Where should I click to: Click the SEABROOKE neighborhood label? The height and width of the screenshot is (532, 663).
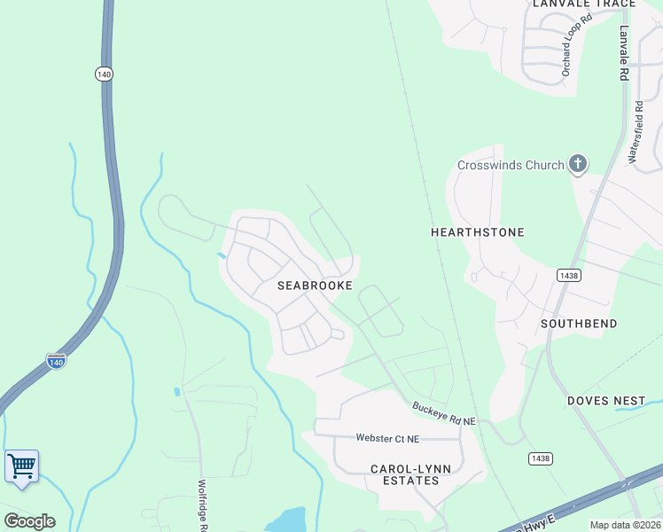[315, 286]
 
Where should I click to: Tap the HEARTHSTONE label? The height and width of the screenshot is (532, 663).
[478, 232]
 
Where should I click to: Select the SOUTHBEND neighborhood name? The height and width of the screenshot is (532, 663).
[579, 324]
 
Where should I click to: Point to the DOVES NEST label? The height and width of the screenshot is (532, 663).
[607, 401]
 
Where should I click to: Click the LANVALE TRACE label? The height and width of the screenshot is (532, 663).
[584, 4]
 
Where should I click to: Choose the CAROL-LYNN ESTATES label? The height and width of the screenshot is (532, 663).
[405, 473]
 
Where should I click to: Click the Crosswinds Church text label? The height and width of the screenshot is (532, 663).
[511, 165]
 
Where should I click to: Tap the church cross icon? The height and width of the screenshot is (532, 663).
[578, 163]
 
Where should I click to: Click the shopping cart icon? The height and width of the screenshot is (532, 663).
[21, 465]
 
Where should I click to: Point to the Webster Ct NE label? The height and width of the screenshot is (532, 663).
[387, 438]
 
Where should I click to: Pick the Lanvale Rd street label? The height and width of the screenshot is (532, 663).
[623, 53]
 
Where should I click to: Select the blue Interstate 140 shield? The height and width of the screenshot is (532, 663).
[55, 361]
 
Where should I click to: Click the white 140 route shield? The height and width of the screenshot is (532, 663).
[105, 74]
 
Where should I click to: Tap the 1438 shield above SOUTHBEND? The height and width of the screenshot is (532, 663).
[569, 276]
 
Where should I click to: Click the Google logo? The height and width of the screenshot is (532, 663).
[29, 521]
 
